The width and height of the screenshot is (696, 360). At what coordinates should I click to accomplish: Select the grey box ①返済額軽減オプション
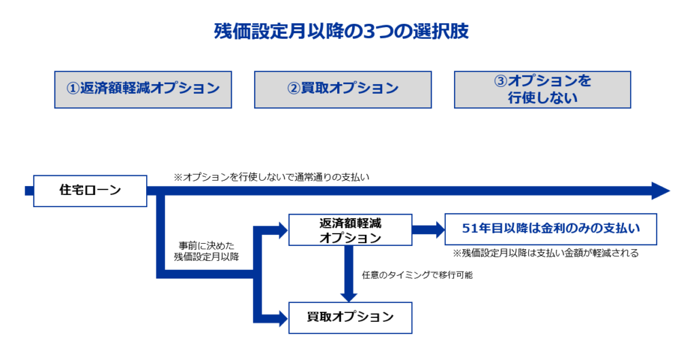[x=143, y=89]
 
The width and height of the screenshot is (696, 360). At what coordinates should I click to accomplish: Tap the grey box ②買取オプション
[x=343, y=89]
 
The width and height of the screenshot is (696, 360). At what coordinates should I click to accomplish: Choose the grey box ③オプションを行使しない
[x=542, y=89]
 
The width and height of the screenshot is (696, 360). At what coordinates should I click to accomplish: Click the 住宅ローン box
[x=90, y=190]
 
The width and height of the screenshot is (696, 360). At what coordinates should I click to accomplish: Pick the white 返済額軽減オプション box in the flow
[x=350, y=230]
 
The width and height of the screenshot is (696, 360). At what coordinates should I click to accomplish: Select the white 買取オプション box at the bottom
[x=350, y=317]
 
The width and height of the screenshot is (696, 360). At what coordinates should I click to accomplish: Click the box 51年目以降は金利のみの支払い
[x=551, y=229]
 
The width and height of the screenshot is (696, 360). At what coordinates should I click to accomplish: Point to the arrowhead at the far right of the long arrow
[x=661, y=191]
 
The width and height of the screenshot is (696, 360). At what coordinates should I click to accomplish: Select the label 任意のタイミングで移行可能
[x=417, y=275]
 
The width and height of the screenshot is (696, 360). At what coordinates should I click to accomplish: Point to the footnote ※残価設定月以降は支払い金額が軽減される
[x=545, y=253]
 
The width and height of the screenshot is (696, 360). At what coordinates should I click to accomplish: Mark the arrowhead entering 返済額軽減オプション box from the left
[x=281, y=230]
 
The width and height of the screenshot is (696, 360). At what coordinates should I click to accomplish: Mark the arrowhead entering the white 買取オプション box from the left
[x=281, y=317]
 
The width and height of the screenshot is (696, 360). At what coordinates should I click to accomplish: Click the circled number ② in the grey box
[x=294, y=89]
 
